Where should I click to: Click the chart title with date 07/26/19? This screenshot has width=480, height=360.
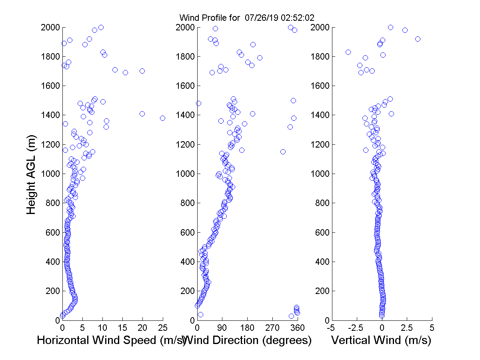pos(246,18)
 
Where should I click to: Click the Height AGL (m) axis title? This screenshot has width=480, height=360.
pos(31,174)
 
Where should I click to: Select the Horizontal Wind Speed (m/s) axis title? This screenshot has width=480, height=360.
pos(112,340)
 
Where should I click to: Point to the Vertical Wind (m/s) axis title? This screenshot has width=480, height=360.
pos(381,340)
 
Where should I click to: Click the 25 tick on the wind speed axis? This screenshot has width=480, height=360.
pos(163,328)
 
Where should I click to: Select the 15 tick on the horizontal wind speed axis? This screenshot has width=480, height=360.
pos(122,328)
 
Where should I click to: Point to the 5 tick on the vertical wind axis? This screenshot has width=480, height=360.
pos(432,328)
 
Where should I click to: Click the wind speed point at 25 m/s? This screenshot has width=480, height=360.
pos(162,118)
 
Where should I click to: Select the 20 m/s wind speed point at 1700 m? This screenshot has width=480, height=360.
pos(142,71)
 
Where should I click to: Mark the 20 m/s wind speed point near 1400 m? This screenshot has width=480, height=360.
pos(142,114)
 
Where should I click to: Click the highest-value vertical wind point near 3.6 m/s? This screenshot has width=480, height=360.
pos(418,39)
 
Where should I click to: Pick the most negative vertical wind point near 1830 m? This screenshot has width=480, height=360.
pos(348,52)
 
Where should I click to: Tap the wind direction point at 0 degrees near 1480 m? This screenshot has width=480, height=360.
pos(198,103)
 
